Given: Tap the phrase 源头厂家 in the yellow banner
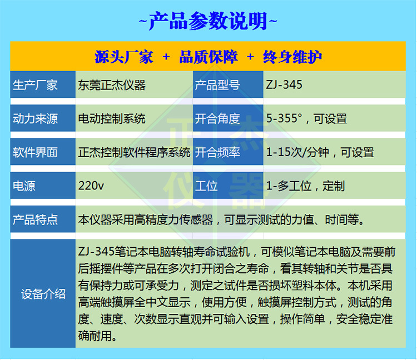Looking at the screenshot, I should pyautogui.click(x=123, y=57).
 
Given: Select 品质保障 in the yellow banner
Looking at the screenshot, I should pyautogui.click(x=209, y=57).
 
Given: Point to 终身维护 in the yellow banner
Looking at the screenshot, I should pyautogui.click(x=292, y=57).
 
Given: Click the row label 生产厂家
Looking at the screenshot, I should pyautogui.click(x=35, y=85).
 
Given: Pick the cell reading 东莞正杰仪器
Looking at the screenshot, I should pyautogui.click(x=112, y=85).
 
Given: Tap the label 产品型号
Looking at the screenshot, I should pyautogui.click(x=217, y=85).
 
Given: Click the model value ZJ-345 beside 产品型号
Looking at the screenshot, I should pyautogui.click(x=285, y=85).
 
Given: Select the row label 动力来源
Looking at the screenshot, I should pyautogui.click(x=35, y=118).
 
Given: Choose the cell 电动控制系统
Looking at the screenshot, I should pyautogui.click(x=112, y=118).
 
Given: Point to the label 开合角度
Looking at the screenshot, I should pyautogui.click(x=217, y=118).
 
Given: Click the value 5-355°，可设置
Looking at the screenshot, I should pyautogui.click(x=307, y=118).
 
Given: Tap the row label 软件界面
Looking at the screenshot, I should pyautogui.click(x=35, y=152).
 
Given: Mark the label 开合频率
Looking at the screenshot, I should pyautogui.click(x=217, y=152).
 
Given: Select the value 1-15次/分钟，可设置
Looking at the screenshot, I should pyautogui.click(x=320, y=152).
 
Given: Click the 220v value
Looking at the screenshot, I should pyautogui.click(x=92, y=186).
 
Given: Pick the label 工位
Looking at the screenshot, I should pyautogui.click(x=206, y=186).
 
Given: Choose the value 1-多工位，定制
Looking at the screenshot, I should pyautogui.click(x=306, y=186).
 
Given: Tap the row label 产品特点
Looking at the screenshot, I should pyautogui.click(x=35, y=219).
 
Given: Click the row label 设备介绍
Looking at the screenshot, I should pyautogui.click(x=43, y=294).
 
